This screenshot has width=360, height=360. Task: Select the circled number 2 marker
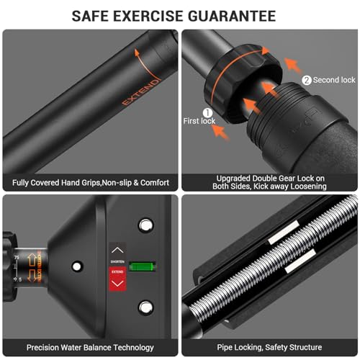pyautogui.click(x=305, y=80)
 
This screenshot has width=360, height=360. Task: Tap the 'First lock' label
pyautogui.click(x=199, y=122)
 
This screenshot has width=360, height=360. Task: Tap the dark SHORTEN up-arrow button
pyautogui.click(x=117, y=251)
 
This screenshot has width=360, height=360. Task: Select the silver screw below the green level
pyautogui.click(x=146, y=307)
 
